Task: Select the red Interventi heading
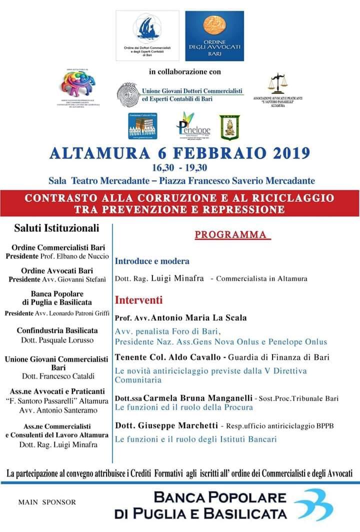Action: point(139,300)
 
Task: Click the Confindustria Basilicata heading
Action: point(57,331)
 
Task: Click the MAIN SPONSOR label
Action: point(47,502)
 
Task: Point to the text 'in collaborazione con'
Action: point(185,72)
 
